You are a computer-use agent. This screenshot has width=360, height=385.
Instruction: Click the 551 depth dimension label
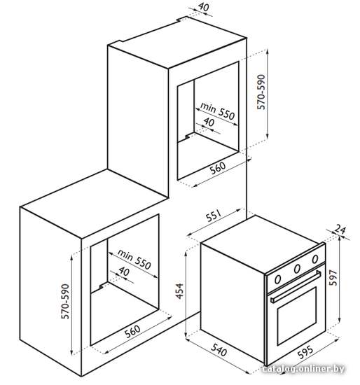pyautogui.click(x=214, y=216)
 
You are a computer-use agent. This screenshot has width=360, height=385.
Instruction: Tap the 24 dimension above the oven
pyautogui.click(x=340, y=230)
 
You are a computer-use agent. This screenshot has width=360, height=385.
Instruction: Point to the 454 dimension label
pyautogui.click(x=180, y=291)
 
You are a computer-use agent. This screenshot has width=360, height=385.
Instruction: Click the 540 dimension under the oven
pyautogui.click(x=219, y=349)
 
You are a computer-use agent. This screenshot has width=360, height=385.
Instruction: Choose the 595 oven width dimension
pyautogui.click(x=305, y=352)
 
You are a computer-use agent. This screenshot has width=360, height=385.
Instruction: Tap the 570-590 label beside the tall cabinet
pyautogui.click(x=261, y=92)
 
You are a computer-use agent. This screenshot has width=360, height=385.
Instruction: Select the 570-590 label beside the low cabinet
pyautogui.click(x=65, y=301)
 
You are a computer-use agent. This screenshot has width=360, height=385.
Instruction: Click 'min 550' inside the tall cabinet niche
pyautogui.click(x=218, y=112)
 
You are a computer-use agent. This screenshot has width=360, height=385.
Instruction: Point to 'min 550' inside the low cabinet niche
pyautogui.click(x=134, y=260)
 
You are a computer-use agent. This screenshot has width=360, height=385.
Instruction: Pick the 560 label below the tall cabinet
pyautogui.click(x=218, y=168)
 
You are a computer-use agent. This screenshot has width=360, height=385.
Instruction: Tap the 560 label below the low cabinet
pyautogui.click(x=132, y=331)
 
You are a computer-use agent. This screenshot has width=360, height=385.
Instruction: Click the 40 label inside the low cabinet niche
pyautogui.click(x=124, y=272)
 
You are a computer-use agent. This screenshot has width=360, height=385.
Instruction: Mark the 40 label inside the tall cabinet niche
pyautogui.click(x=209, y=122)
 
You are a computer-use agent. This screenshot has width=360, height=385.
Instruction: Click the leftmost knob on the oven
pyautogui.click(x=277, y=279)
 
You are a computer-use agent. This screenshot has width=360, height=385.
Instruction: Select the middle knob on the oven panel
pyautogui.click(x=297, y=269)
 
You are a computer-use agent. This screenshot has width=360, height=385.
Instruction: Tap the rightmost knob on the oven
pyautogui.click(x=314, y=259)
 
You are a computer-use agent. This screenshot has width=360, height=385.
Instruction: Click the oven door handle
pyautogui.click(x=296, y=286)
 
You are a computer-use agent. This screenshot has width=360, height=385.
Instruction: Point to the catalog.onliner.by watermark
pyautogui.click(x=303, y=369)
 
